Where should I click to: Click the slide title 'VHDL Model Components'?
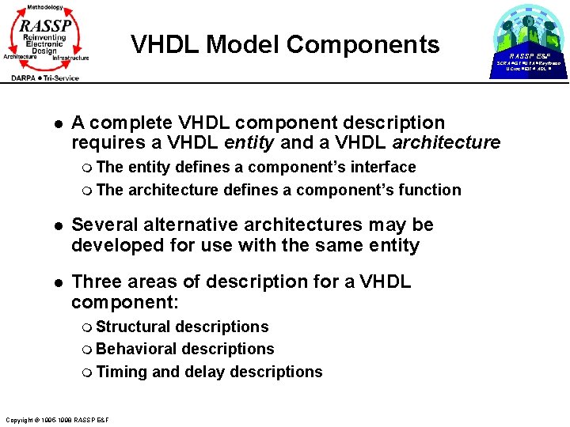click(285, 44)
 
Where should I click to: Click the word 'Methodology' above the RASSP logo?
click(44, 6)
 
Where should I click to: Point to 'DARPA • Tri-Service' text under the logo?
click(45, 77)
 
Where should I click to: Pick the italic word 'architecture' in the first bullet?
click(446, 143)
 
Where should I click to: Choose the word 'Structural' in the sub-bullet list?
click(133, 327)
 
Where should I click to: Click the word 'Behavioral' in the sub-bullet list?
click(136, 349)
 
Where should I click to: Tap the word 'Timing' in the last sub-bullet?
click(121, 372)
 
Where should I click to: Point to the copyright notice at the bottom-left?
click(57, 419)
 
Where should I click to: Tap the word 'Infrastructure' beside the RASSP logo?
click(70, 58)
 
